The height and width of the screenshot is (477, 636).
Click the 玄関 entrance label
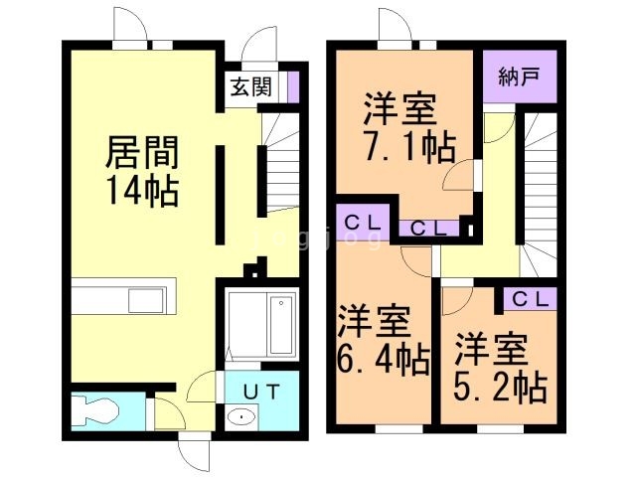tap(251, 86)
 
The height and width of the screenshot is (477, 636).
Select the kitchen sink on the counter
tap(150, 298)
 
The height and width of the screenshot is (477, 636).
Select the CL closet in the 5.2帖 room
tap(529, 298)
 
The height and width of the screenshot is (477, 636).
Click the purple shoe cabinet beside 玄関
tap(293, 86)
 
